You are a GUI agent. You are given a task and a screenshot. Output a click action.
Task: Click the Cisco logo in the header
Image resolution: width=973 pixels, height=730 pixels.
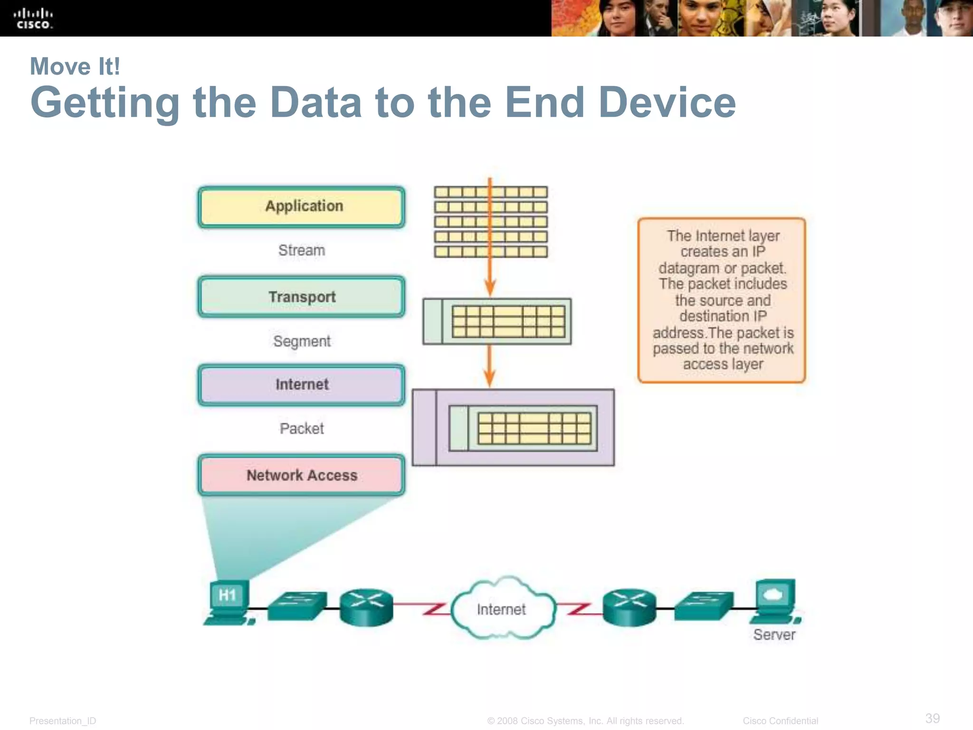click(x=33, y=19)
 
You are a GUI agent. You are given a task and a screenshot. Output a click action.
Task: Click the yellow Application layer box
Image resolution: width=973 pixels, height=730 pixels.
click(x=302, y=207)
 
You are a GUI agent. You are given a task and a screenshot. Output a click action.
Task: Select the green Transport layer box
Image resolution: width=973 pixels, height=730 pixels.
click(x=302, y=297)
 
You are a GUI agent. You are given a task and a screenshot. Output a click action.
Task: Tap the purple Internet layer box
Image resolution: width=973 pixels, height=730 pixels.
click(x=302, y=384)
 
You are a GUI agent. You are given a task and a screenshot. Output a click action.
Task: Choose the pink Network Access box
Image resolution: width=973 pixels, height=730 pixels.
click(x=302, y=475)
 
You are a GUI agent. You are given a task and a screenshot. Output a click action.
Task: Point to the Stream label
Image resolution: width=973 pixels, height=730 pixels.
click(x=302, y=250)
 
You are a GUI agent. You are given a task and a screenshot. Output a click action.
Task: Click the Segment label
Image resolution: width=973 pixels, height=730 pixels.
click(x=302, y=341)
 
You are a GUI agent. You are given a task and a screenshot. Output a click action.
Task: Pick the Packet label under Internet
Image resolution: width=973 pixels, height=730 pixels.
click(x=302, y=428)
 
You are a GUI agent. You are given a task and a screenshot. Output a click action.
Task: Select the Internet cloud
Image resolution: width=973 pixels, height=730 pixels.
click(x=502, y=609)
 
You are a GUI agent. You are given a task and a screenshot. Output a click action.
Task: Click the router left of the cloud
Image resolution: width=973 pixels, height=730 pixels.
click(x=366, y=607)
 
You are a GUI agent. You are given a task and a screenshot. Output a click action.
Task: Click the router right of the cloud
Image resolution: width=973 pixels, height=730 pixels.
click(x=630, y=607)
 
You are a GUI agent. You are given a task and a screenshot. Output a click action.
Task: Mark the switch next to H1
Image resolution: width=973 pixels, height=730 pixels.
click(x=298, y=605)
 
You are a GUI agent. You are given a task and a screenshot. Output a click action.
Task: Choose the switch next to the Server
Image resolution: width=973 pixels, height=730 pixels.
click(x=704, y=605)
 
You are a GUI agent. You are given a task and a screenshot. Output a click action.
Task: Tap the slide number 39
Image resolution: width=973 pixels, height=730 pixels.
click(x=932, y=718)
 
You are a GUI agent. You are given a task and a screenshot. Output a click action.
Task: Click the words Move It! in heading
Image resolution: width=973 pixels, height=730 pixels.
click(x=75, y=67)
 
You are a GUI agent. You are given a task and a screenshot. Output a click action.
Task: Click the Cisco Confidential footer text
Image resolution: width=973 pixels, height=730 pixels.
click(x=780, y=721)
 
